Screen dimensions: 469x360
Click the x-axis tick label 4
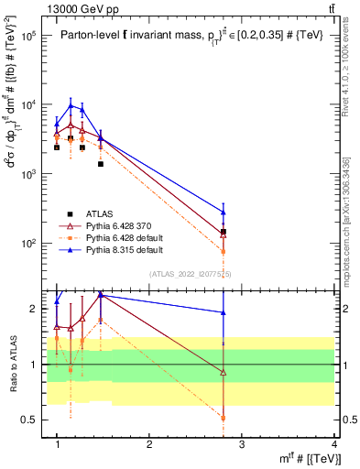tap(334, 444)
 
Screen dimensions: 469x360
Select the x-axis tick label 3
tap(242, 444)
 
